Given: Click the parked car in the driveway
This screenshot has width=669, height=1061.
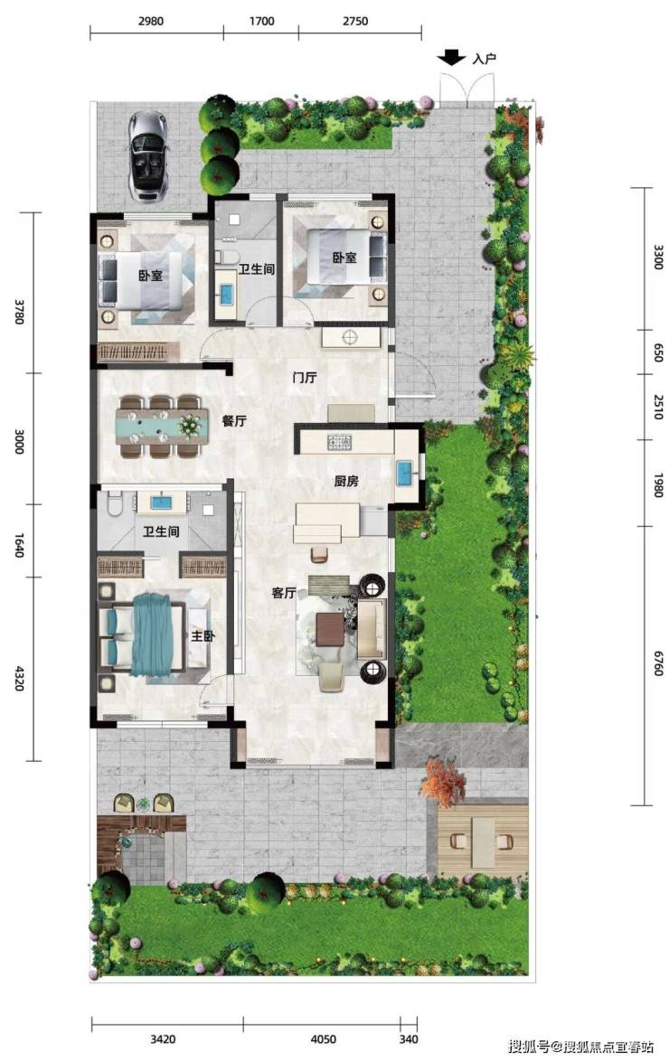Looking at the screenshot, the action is coord(147,155).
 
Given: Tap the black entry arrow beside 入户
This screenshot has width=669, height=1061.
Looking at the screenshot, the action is coord(451,58).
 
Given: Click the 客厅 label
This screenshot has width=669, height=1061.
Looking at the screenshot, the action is coord(284,593).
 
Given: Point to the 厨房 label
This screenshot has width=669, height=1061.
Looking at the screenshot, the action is coord(346,481).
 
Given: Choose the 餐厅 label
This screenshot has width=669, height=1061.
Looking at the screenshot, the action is coord(234,420).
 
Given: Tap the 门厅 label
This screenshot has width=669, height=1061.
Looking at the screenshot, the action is coord(305,377).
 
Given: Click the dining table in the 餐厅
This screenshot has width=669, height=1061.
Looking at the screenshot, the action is coord(162,427).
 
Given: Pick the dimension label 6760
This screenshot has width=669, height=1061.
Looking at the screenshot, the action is coord(657,663).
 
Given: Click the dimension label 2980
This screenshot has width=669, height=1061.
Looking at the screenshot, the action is coord(151,21).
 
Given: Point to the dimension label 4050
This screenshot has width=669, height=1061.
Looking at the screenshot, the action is coord(323,1038).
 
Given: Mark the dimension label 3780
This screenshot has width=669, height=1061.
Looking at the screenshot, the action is coord(18,311).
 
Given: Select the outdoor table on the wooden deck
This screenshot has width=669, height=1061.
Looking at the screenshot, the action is coord(483,841).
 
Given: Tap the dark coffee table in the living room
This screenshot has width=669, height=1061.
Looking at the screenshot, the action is coord(331,628).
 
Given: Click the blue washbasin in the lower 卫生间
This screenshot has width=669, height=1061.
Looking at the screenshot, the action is coord(161,502).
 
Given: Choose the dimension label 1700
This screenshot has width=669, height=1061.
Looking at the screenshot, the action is coord(261,21).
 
